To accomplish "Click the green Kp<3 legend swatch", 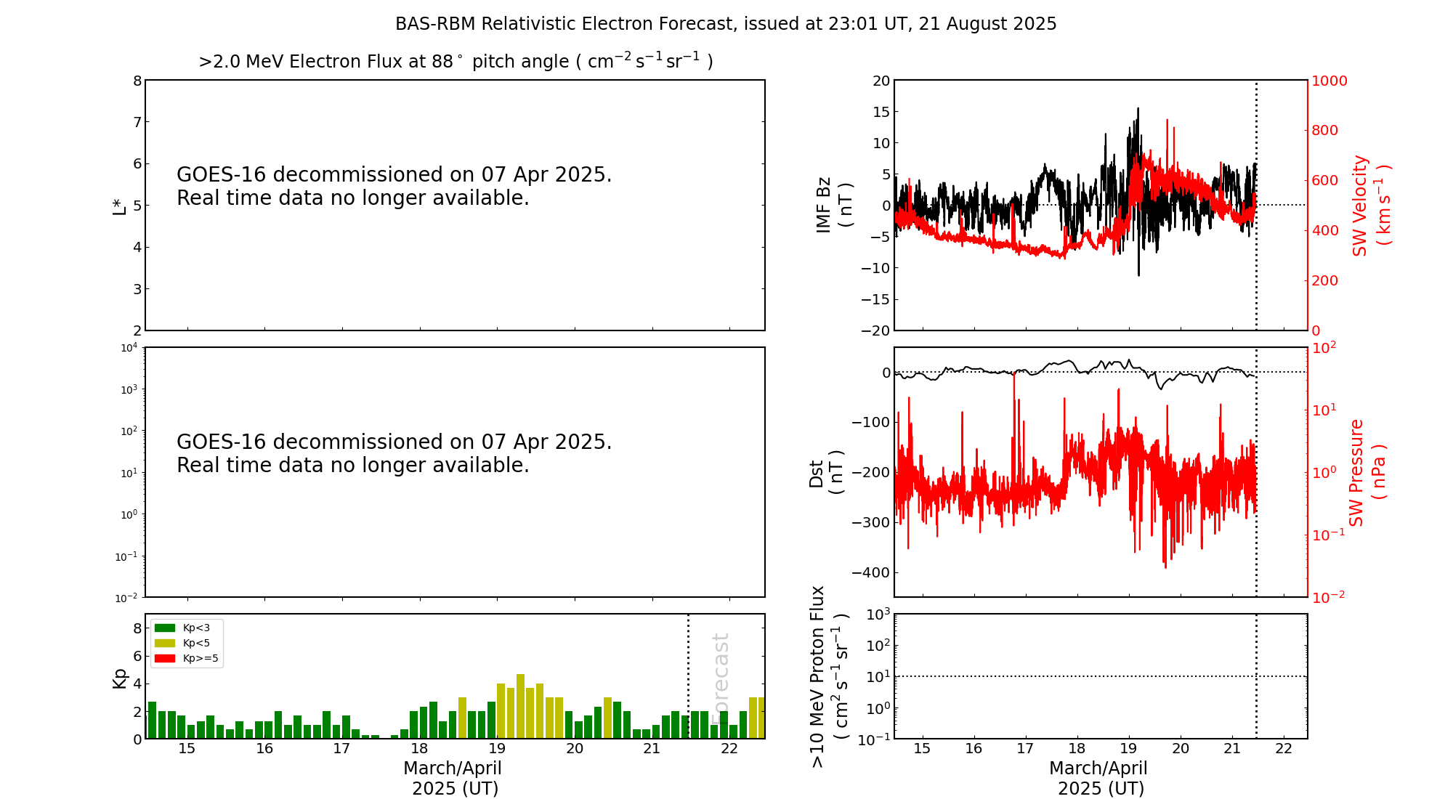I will [165, 628].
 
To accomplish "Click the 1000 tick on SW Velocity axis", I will [1329, 81].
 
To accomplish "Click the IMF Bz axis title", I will [834, 205].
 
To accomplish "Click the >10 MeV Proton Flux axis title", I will [829, 676].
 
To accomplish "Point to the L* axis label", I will [120, 206].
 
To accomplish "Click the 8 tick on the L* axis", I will [137, 81].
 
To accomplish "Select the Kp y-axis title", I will [120, 678].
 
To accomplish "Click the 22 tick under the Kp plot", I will [729, 749].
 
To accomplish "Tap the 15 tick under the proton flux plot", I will [922, 749].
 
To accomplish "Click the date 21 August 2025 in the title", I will [987, 24].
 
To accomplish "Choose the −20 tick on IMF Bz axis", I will [875, 330].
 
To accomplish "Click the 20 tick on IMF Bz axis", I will [881, 81].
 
